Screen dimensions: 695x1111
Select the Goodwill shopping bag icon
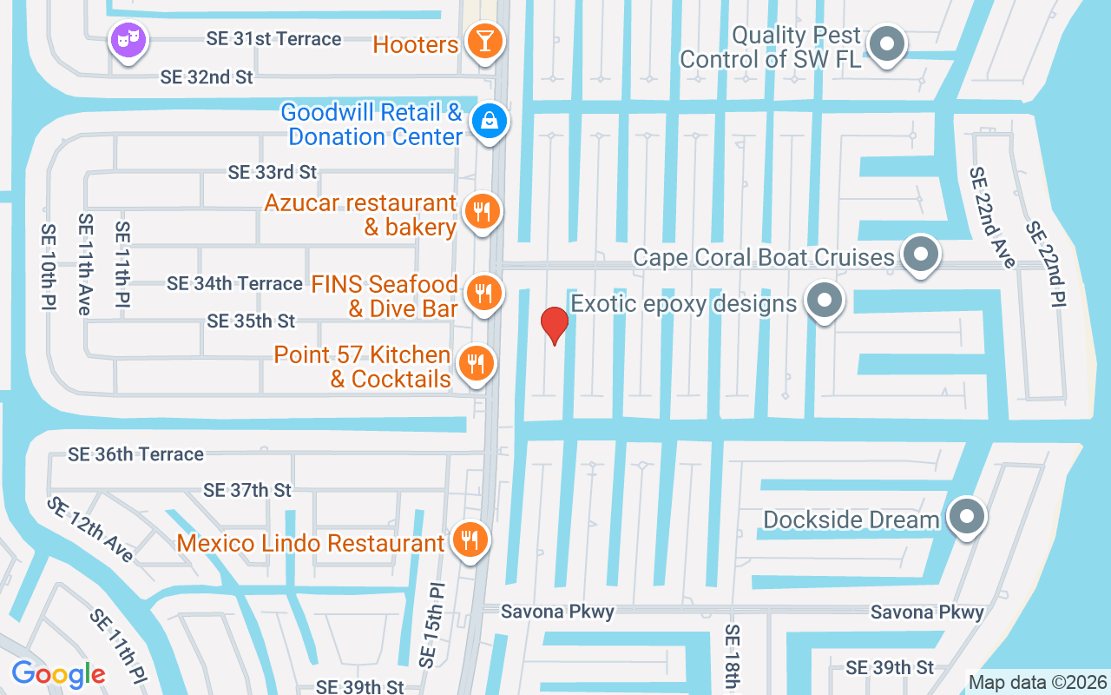point(490,122)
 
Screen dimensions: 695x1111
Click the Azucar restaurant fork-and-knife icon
point(481,211)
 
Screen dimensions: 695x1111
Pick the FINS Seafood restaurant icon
point(482,294)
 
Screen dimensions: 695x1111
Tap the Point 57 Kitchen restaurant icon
point(475,364)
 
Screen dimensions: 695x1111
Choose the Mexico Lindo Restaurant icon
point(470,541)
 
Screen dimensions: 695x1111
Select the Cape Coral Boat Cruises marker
point(921,255)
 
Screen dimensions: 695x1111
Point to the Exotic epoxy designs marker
point(824,301)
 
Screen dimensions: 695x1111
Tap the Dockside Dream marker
point(966,518)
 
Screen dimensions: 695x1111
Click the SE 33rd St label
point(273,172)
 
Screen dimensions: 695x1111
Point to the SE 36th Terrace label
point(136,454)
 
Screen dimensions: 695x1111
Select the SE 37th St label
point(247,491)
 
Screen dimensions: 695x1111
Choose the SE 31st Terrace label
point(273,39)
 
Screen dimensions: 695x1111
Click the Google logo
point(58,674)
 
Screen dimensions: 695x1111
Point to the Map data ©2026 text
point(1038,682)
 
